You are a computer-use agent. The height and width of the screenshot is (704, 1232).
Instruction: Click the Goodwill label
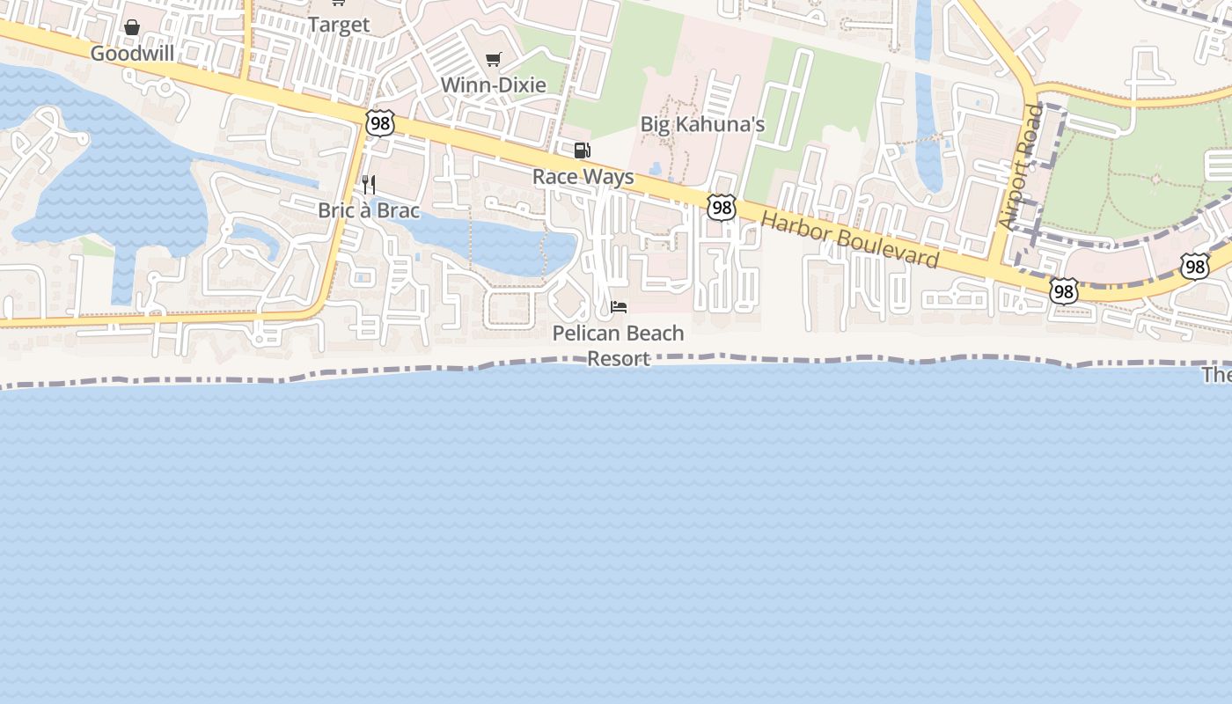click(132, 54)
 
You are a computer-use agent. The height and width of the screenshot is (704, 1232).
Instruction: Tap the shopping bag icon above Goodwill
click(132, 27)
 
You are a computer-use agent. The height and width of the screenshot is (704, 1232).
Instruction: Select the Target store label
click(338, 25)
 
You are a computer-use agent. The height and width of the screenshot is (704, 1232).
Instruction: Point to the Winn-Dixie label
click(493, 85)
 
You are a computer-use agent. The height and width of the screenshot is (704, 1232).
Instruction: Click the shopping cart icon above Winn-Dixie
click(494, 59)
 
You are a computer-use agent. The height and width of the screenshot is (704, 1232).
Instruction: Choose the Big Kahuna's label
click(702, 124)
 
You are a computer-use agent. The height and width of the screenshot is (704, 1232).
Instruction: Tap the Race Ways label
click(583, 177)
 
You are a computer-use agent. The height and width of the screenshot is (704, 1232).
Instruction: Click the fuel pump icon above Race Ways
click(582, 150)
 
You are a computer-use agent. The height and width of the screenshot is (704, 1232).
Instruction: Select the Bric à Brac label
click(369, 211)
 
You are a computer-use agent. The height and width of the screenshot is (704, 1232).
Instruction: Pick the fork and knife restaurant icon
click(370, 185)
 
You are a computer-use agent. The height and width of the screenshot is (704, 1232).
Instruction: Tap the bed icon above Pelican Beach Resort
click(619, 307)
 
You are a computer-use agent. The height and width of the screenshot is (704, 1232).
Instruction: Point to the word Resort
click(619, 359)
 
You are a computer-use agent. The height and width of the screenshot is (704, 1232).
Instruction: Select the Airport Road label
click(1022, 168)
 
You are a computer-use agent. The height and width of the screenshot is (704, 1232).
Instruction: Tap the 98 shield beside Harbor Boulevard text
click(722, 208)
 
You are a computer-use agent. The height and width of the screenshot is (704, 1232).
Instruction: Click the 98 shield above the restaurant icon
click(380, 123)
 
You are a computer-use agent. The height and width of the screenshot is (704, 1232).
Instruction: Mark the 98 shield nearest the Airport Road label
click(1063, 290)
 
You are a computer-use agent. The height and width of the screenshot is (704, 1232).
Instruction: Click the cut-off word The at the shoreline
click(1219, 376)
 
